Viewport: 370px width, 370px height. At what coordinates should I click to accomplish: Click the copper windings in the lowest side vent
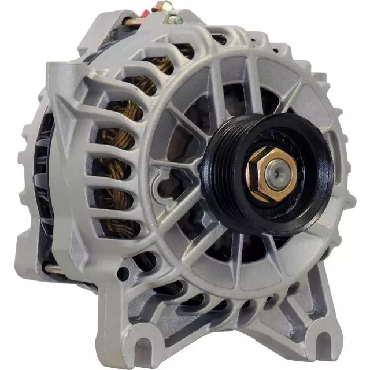tap(119, 223)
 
